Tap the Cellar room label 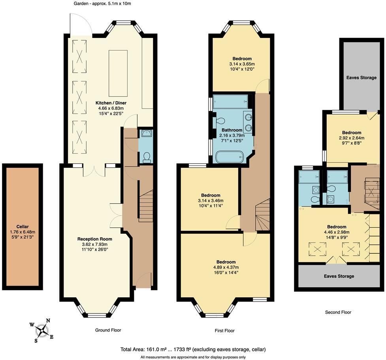pyautogui.click(x=23, y=227)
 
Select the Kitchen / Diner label pyautogui.click(x=111, y=103)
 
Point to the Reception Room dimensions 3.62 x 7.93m pyautogui.click(x=95, y=244)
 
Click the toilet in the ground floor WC pyautogui.click(x=147, y=157)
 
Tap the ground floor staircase pyautogui.click(x=146, y=206)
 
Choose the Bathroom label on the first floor pyautogui.click(x=232, y=130)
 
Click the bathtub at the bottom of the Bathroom pyautogui.click(x=230, y=157)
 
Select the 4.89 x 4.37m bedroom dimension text pyautogui.click(x=226, y=267)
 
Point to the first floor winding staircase pyautogui.click(x=263, y=215)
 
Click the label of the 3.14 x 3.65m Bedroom pyautogui.click(x=242, y=58)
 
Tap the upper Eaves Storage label pyautogui.click(x=362, y=77)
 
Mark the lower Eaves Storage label pyautogui.click(x=339, y=276)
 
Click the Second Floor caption pyautogui.click(x=338, y=312)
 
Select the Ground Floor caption pyautogui.click(x=108, y=330)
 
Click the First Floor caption pyautogui.click(x=224, y=331)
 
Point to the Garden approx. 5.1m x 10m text pyautogui.click(x=102, y=4)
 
